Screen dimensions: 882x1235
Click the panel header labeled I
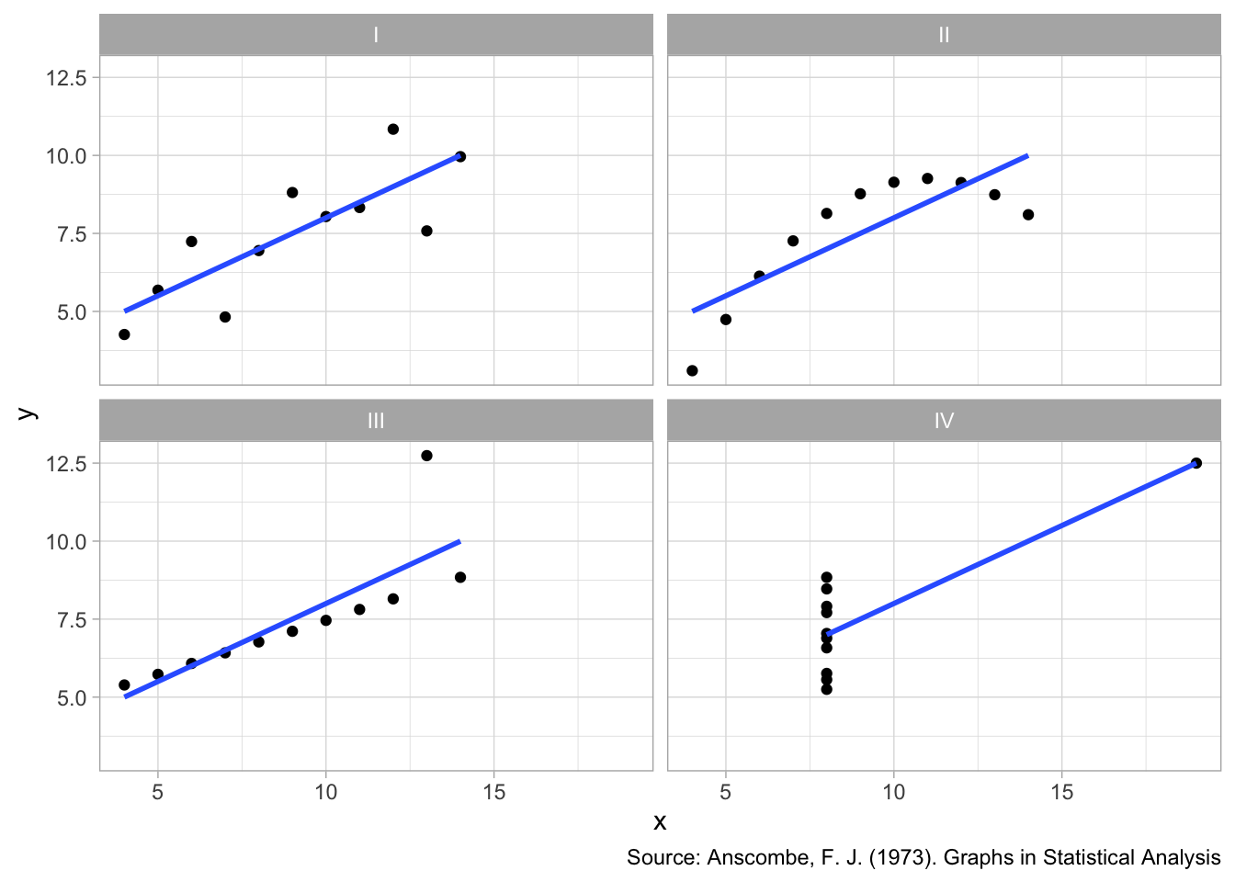click(x=376, y=36)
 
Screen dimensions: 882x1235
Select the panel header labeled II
click(x=944, y=36)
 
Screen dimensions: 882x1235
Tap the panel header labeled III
click(x=376, y=421)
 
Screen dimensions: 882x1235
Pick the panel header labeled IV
click(x=944, y=421)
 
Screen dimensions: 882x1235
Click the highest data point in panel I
click(x=393, y=130)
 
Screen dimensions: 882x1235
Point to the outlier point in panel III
click(x=426, y=456)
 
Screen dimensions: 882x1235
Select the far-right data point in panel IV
click(x=1195, y=463)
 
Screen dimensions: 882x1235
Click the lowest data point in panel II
click(x=692, y=371)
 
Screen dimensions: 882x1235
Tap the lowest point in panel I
click(x=124, y=334)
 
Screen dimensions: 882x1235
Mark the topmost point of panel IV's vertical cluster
click(x=826, y=578)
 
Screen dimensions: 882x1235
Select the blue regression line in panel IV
click(x=1011, y=548)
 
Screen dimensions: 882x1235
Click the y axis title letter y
click(x=28, y=413)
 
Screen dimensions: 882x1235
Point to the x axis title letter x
click(x=660, y=822)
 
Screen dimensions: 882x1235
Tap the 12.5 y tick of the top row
click(x=66, y=78)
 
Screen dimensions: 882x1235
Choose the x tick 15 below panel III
click(x=494, y=792)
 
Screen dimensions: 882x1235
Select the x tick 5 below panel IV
click(x=726, y=792)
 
